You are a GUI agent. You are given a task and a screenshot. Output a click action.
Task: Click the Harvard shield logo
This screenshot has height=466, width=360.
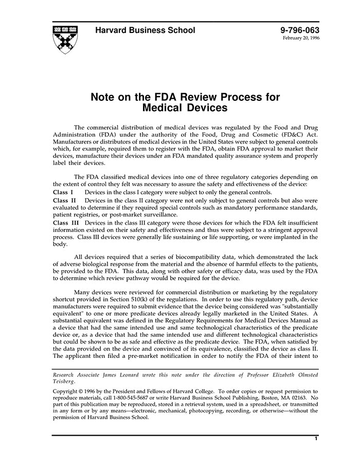[x=66, y=40]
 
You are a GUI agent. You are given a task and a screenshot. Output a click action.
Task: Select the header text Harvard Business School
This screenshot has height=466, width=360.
[x=145, y=30]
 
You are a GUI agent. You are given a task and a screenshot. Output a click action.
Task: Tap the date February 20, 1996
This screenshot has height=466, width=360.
[x=301, y=39]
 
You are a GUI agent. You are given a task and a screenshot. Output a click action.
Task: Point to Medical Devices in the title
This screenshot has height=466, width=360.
[x=185, y=108]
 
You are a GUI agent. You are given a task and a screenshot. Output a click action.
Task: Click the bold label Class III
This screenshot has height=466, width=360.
[x=66, y=222]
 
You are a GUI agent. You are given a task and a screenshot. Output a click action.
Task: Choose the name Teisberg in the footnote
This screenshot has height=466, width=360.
[x=65, y=381]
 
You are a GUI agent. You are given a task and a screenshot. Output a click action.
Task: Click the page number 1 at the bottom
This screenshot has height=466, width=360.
[x=316, y=439]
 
